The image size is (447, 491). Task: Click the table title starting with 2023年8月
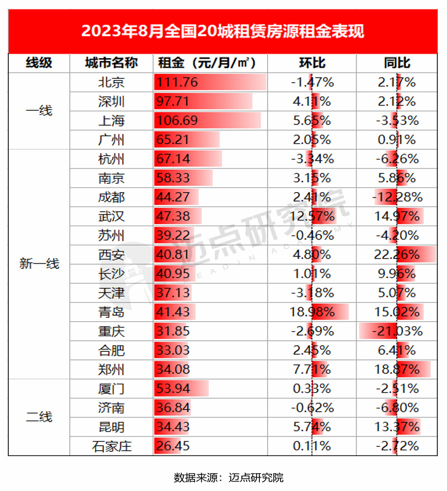coord(223,30)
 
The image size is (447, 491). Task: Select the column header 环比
coord(312,63)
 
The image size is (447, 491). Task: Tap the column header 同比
coord(397,63)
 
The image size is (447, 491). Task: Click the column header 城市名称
coord(111,63)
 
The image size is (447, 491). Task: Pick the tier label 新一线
coord(39,264)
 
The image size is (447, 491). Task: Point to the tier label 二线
coord(39,417)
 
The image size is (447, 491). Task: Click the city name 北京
coord(111,83)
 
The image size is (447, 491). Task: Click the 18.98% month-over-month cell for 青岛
coord(312,312)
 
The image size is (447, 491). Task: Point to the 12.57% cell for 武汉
coord(312,216)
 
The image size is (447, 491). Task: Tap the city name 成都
coord(111,197)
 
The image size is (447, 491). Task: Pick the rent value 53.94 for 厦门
coord(174,389)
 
